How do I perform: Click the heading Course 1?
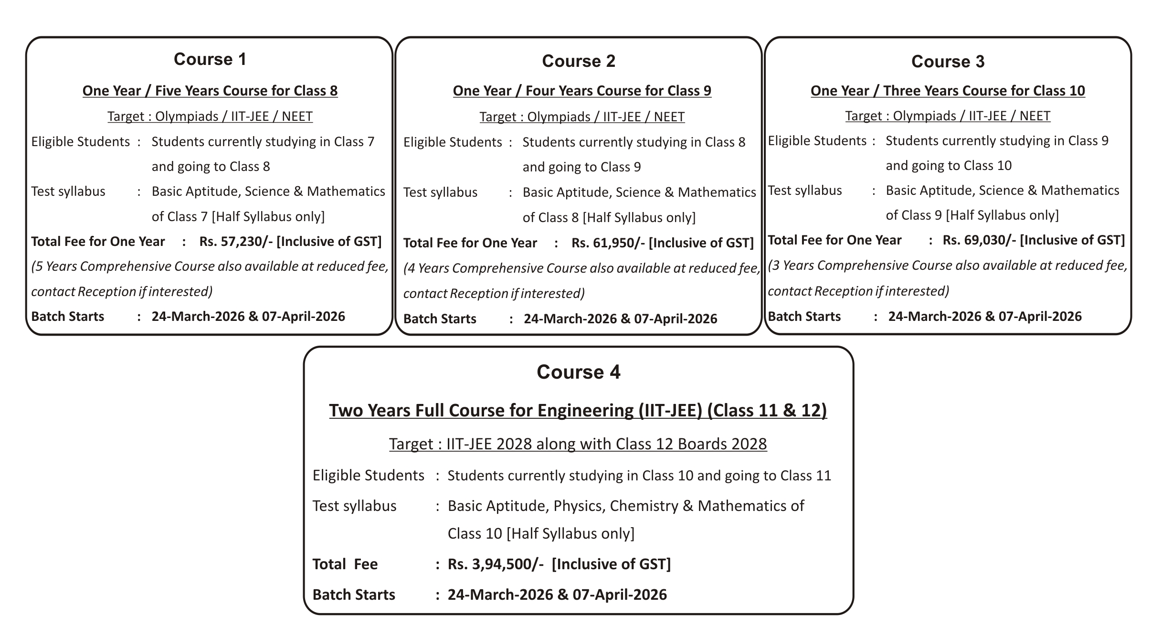[x=210, y=59]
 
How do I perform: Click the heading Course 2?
[x=579, y=61]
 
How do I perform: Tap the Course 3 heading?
[x=948, y=62]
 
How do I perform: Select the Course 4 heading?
[x=578, y=372]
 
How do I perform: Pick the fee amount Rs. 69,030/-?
[x=979, y=240]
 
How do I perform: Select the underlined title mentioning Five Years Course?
[x=210, y=91]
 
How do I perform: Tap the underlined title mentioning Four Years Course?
[x=582, y=91]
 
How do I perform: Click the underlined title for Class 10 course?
[x=948, y=91]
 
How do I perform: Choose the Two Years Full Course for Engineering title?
[x=578, y=410]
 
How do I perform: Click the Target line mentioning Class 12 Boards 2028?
[x=578, y=444]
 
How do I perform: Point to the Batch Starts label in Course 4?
[x=354, y=595]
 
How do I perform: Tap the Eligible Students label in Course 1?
[x=81, y=142]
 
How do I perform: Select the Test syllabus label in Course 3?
[x=805, y=191]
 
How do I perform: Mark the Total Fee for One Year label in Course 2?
[x=470, y=243]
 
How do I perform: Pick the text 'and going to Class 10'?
[x=949, y=166]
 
